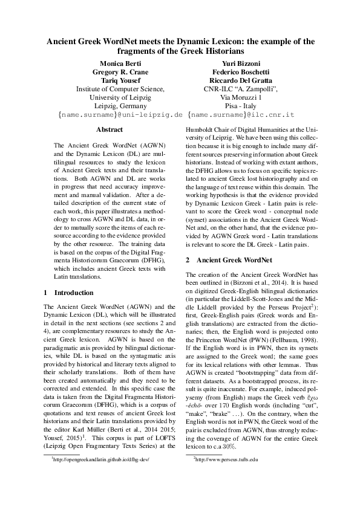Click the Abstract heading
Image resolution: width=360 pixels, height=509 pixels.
pyautogui.click(x=109, y=130)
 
